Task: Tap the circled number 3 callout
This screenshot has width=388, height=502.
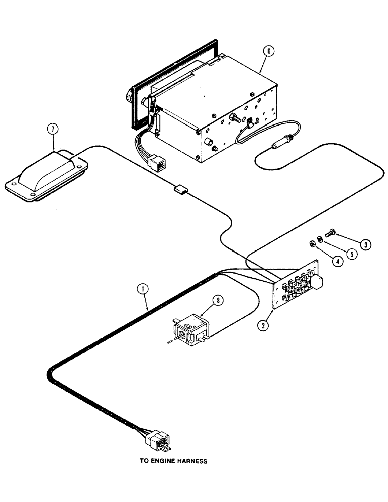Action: [x=366, y=244]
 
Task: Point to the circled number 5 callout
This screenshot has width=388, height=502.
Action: [x=352, y=254]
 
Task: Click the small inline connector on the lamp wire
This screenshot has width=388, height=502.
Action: [x=180, y=190]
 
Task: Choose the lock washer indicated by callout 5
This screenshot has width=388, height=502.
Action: [x=320, y=238]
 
